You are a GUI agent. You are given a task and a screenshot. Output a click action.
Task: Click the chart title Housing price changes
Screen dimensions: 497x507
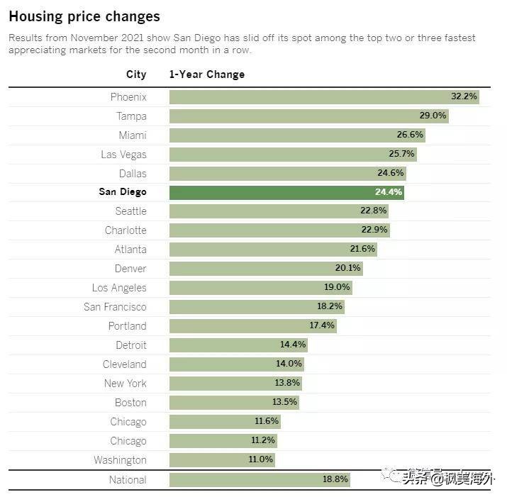point(84,16)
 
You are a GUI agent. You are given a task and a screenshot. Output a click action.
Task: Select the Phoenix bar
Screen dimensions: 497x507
point(323,97)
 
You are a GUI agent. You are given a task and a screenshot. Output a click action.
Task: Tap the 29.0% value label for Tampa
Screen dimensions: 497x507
point(433,116)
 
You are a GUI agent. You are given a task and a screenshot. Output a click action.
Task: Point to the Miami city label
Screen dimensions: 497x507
point(133,135)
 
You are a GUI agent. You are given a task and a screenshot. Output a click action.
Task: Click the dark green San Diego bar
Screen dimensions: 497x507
point(286,192)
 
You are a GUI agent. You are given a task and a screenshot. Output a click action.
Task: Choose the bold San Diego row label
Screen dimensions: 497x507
point(123,192)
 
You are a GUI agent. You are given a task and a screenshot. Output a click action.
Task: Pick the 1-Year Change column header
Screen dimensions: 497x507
point(206,74)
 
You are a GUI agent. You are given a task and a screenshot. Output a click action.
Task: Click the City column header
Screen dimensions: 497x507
point(136,74)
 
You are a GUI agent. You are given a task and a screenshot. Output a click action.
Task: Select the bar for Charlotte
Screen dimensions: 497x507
point(279,230)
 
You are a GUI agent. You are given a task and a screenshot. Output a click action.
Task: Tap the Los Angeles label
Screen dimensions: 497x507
point(119,288)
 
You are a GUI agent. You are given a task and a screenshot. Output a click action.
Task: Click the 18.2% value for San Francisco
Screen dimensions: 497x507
point(330,306)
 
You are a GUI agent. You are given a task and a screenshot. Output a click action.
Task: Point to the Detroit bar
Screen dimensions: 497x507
point(238,345)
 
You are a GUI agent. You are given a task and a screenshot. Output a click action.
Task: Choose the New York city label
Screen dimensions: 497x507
point(125,384)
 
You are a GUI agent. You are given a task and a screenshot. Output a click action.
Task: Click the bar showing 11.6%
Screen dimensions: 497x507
point(224,421)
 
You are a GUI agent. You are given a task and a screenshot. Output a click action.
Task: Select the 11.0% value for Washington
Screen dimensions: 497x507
point(260,459)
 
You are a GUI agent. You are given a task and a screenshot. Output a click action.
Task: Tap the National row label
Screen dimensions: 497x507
point(128,480)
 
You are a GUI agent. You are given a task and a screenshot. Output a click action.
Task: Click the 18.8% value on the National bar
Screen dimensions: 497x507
point(335,479)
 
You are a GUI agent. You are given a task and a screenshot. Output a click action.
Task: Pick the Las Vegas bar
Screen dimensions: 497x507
point(292,154)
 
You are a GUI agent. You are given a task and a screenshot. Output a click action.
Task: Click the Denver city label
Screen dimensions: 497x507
point(130,269)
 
